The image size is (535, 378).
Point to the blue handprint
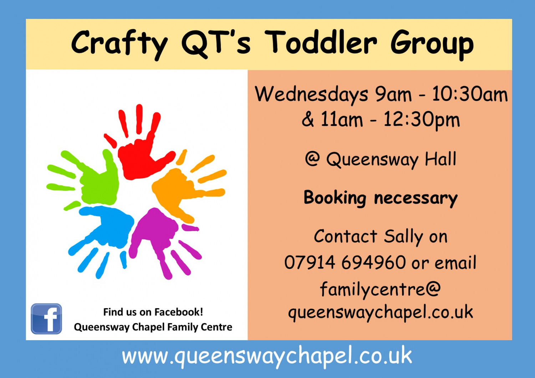coord(107,229)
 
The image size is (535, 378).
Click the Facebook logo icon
coord(46,319)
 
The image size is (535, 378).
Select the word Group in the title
coord(432,45)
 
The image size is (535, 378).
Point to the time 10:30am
coord(470,94)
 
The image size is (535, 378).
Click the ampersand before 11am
coord(308,119)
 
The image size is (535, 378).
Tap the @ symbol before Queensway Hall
coord(312,159)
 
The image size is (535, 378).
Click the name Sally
coord(403,237)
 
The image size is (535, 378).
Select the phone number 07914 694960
coord(345,262)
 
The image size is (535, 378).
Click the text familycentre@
coord(380,289)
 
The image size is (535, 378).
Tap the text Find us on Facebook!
coord(153,312)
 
